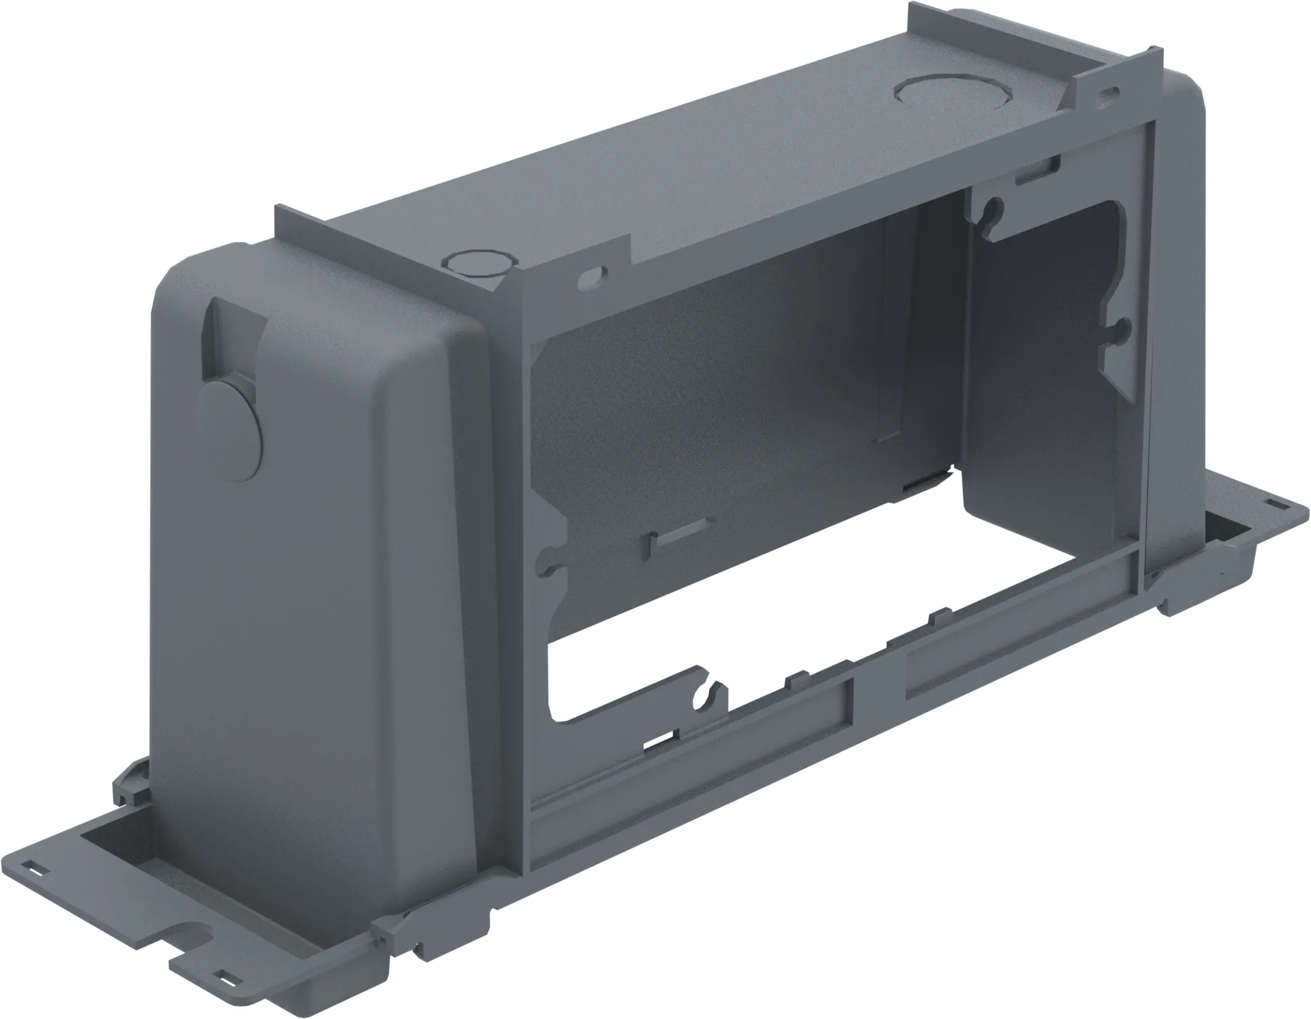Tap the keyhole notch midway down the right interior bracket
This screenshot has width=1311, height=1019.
point(1118,330)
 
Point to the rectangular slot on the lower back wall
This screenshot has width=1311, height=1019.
point(678,540)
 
